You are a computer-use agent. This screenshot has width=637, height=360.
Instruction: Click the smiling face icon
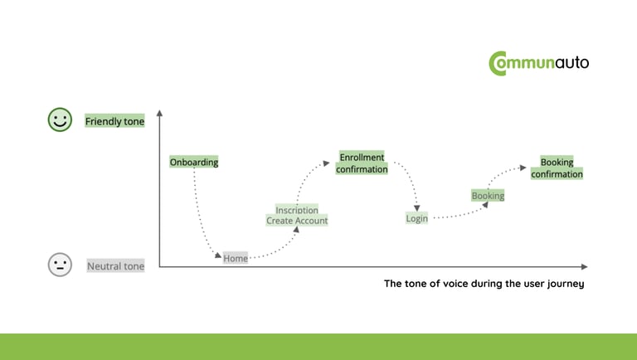tap(60, 120)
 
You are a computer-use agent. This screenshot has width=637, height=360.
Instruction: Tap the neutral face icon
tap(60, 265)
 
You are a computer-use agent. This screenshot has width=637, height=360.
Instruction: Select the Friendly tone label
tap(114, 121)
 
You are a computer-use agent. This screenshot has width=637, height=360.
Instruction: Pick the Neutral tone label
tap(115, 266)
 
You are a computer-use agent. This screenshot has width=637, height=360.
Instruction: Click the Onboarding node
tap(194, 162)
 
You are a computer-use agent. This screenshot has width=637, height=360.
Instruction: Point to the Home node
tap(236, 259)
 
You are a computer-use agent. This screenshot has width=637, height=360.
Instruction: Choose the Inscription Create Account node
tap(297, 216)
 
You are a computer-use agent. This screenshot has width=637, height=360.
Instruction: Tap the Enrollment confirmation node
tap(362, 163)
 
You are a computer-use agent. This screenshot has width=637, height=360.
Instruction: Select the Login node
tap(416, 218)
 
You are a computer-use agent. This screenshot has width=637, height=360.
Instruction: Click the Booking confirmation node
tap(557, 168)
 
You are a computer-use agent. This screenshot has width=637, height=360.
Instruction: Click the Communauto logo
tap(538, 63)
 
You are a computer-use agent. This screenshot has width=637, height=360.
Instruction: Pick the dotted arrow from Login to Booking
tap(456, 215)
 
